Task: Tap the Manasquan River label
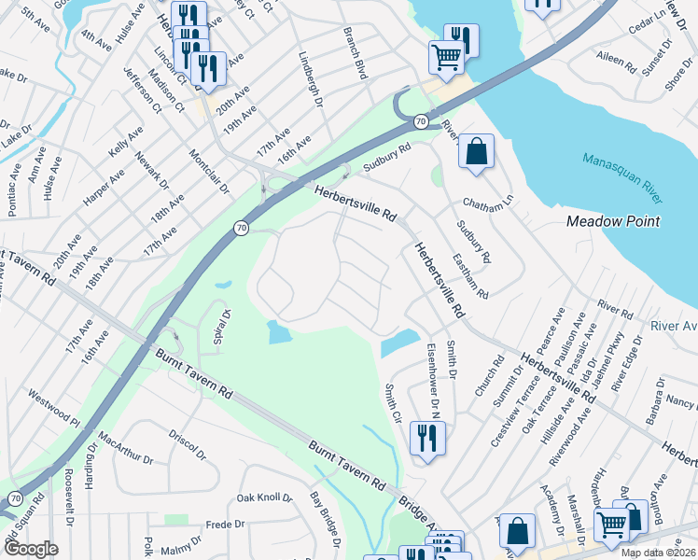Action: (623, 178)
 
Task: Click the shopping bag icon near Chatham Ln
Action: (476, 151)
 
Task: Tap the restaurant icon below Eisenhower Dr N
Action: (427, 438)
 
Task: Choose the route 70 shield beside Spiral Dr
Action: (240, 228)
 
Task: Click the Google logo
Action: (31, 549)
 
